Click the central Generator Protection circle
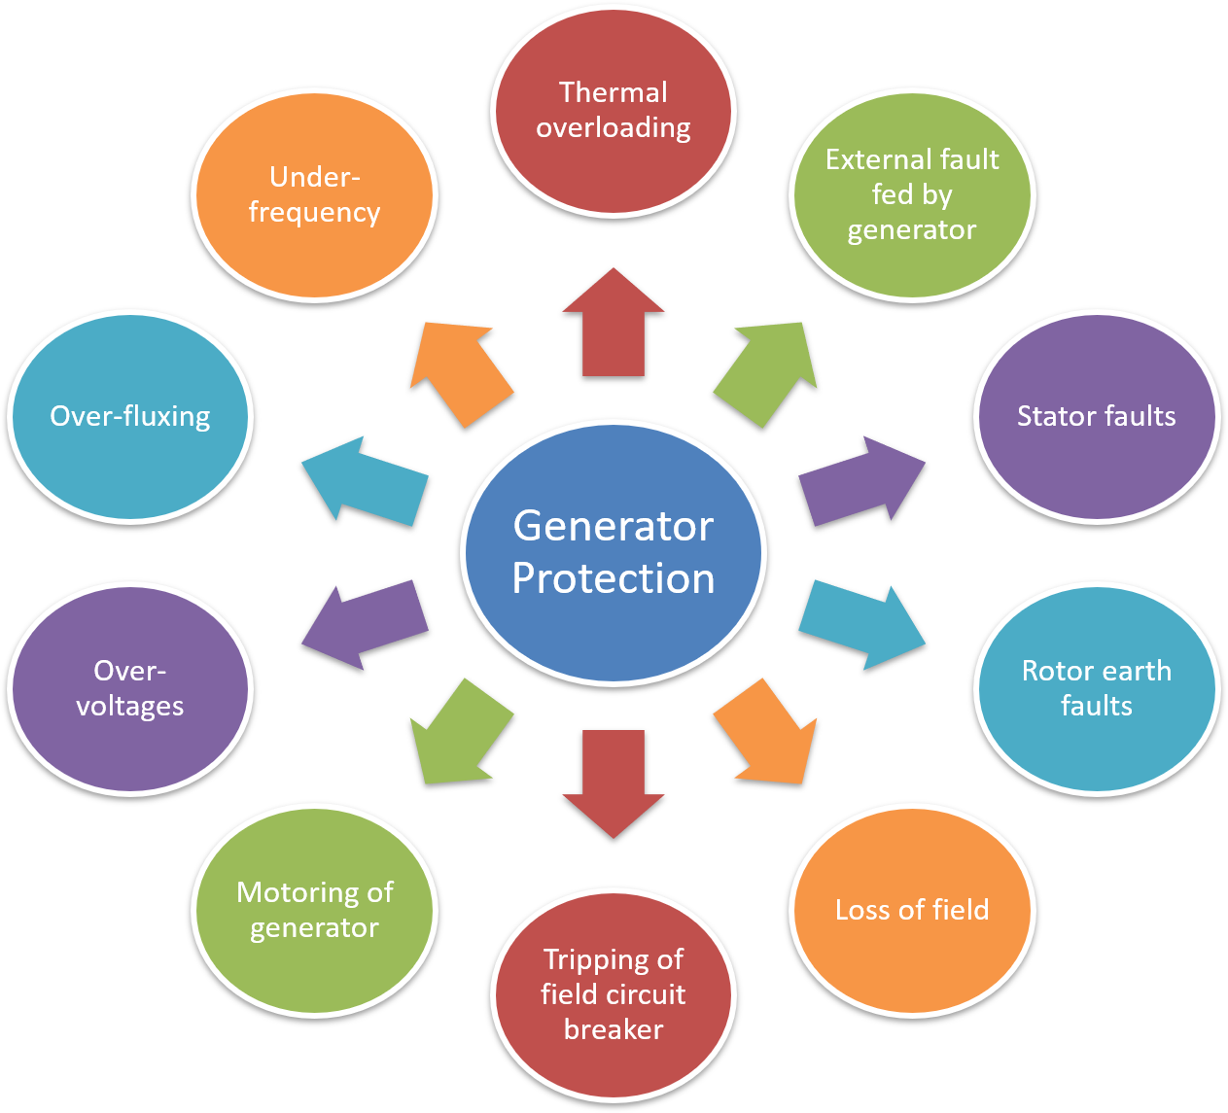(614, 552)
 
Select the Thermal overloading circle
(614, 110)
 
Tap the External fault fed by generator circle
(912, 194)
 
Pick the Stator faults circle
(1097, 416)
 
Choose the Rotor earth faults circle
(1097, 688)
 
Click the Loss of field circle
(912, 910)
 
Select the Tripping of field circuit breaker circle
(614, 994)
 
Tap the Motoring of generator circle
(314, 910)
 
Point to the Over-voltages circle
(129, 688)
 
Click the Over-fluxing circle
(129, 416)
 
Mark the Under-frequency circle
(314, 194)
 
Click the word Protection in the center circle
(614, 579)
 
